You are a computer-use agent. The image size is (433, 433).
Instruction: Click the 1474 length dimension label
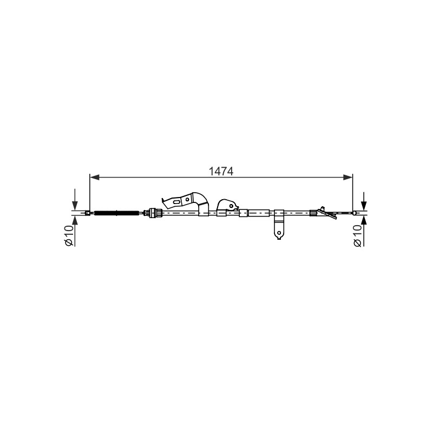click(x=221, y=172)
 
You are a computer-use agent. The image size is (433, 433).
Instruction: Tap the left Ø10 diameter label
click(x=69, y=235)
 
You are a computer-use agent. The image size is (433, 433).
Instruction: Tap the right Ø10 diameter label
click(x=357, y=235)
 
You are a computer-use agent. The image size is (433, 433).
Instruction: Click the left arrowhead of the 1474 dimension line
click(x=95, y=178)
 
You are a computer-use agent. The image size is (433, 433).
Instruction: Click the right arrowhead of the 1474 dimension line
click(x=348, y=178)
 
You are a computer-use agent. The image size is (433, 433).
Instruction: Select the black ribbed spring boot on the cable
click(x=116, y=213)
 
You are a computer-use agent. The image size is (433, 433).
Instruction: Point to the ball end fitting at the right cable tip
click(x=355, y=213)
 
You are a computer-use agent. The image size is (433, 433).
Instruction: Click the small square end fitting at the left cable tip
click(x=87, y=213)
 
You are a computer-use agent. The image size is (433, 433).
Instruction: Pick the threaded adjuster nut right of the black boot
click(x=156, y=213)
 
